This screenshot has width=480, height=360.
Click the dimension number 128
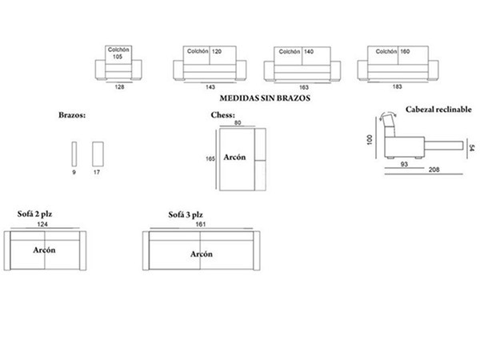[x=119, y=86]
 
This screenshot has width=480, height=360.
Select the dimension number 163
[x=305, y=86]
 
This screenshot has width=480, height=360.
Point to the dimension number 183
[x=398, y=86]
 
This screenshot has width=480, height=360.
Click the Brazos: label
[x=72, y=115]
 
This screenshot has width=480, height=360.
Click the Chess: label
[x=222, y=115]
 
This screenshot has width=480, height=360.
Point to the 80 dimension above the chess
[x=238, y=123]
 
